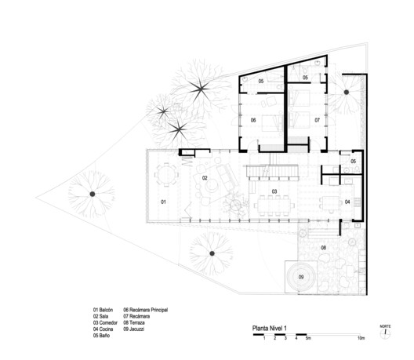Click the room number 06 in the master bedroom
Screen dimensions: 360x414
[254, 120]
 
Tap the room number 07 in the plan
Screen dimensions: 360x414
[318, 120]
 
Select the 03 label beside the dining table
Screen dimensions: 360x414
[275, 191]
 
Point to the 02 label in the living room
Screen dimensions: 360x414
[205, 179]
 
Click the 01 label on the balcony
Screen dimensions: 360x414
[164, 202]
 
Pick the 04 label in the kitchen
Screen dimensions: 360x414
[347, 202]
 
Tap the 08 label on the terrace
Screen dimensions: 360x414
[322, 249]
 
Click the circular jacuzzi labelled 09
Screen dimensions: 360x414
[300, 277]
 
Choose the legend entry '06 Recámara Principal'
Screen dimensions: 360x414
[146, 311]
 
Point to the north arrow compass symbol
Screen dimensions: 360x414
[385, 333]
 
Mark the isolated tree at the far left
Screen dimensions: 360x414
[92, 194]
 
